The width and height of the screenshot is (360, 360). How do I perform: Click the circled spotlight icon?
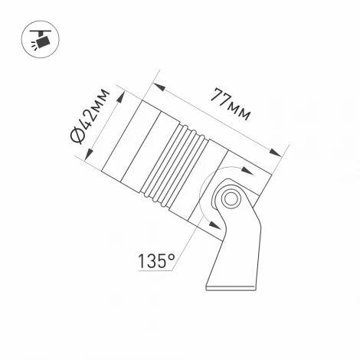pyautogui.click(x=38, y=38)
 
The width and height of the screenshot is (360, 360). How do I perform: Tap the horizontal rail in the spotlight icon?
pyautogui.click(x=38, y=30)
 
